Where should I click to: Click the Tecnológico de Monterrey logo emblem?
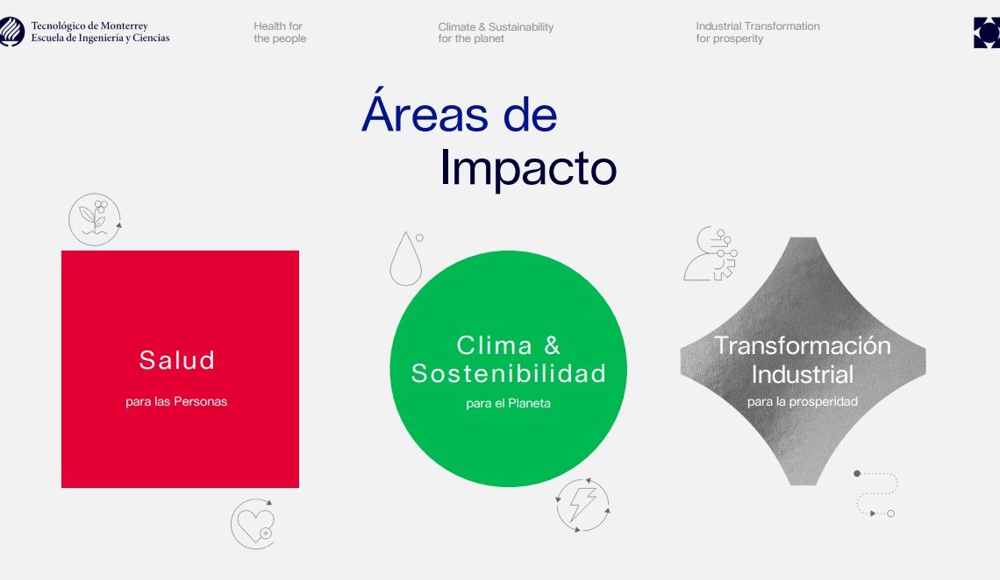[x=11, y=32]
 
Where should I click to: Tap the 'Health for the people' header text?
[x=280, y=32]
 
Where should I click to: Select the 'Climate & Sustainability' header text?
[x=496, y=27]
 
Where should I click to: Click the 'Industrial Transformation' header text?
[x=758, y=26]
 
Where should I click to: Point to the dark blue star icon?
[x=987, y=32]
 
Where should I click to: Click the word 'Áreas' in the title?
[x=425, y=110]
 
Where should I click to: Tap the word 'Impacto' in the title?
[x=528, y=168]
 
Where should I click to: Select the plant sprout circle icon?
[x=95, y=220]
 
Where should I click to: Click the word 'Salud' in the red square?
[x=176, y=360]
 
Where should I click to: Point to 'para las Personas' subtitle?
[x=176, y=401]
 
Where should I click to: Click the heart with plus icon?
[x=254, y=524]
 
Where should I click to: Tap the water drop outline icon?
[x=407, y=258]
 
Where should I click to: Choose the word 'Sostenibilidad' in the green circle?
[x=508, y=374]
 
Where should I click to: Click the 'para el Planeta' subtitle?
[x=508, y=403]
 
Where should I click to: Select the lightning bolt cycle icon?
[x=582, y=506]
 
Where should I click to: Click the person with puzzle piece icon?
[x=711, y=254]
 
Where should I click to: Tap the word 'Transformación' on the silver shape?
[x=803, y=346]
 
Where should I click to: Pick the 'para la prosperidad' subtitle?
[x=803, y=402]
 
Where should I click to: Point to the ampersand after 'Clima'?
[x=553, y=346]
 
